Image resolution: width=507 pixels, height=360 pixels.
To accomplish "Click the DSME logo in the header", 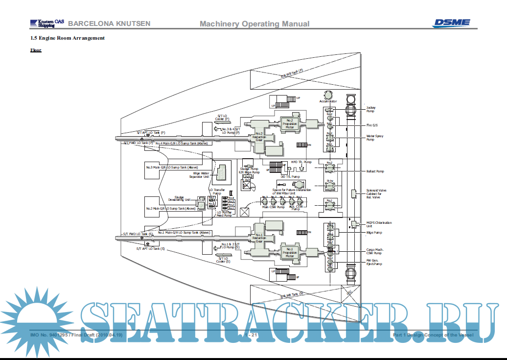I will [x=451, y=23].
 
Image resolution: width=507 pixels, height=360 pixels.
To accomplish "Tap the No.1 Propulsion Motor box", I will [x=289, y=252].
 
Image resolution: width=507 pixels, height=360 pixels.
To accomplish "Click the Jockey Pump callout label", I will [x=371, y=109].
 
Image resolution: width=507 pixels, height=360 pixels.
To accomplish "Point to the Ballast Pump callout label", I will [x=375, y=171].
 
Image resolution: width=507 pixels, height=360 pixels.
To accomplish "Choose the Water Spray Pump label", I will [x=375, y=138].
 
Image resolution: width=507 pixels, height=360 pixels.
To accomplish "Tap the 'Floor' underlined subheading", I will [x=36, y=50].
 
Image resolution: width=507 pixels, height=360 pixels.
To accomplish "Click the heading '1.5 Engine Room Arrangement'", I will [x=67, y=38].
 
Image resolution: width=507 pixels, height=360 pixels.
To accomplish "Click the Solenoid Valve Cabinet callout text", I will [x=376, y=193].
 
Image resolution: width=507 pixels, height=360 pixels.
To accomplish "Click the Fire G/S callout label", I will [x=372, y=125].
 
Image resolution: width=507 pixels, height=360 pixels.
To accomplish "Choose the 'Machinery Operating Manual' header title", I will [x=254, y=24].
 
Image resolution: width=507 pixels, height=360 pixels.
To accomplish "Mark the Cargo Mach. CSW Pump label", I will [x=374, y=251].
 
